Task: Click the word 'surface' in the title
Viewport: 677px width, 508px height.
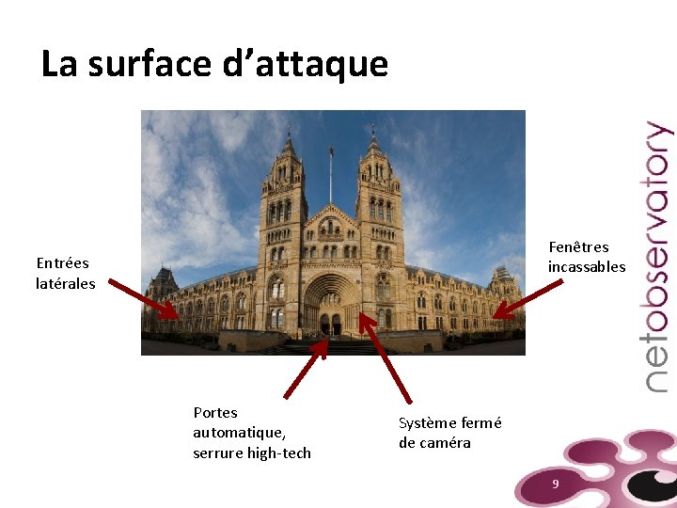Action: (x=148, y=64)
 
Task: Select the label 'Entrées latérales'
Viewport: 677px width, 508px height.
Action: (x=65, y=273)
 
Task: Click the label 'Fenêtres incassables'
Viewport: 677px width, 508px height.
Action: (x=587, y=257)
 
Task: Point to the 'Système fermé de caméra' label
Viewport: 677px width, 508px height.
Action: (x=449, y=433)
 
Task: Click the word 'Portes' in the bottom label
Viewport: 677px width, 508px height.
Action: (x=215, y=412)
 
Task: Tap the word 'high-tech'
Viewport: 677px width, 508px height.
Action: (x=279, y=453)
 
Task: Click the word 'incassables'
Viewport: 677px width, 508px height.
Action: (x=587, y=267)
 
